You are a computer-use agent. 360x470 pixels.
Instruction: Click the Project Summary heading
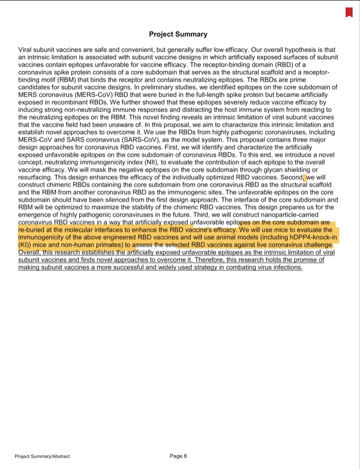(178, 34)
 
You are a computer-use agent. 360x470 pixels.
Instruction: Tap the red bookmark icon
(349, 12)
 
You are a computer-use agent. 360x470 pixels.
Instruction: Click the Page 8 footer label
(178, 456)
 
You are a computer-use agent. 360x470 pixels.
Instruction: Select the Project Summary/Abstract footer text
(42, 456)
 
